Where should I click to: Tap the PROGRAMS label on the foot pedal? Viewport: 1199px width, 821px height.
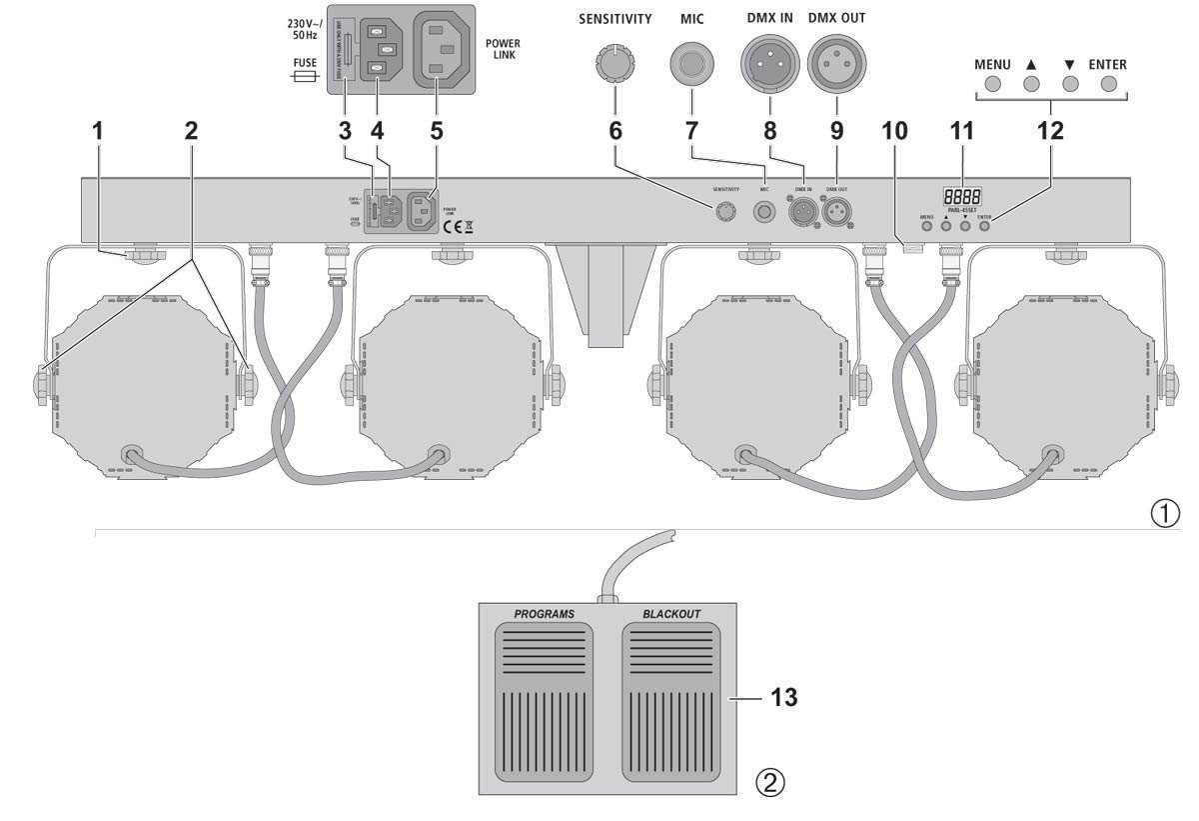pos(544,613)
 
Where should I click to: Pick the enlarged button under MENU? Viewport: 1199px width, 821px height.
pos(991,86)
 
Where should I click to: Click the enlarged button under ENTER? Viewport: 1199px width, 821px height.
pos(1108,86)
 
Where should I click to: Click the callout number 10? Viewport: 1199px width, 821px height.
pos(895,131)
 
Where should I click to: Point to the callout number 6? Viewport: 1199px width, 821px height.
pos(615,131)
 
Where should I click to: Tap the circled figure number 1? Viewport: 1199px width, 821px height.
pos(1164,512)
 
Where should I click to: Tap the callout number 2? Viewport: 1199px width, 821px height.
pos(191,131)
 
